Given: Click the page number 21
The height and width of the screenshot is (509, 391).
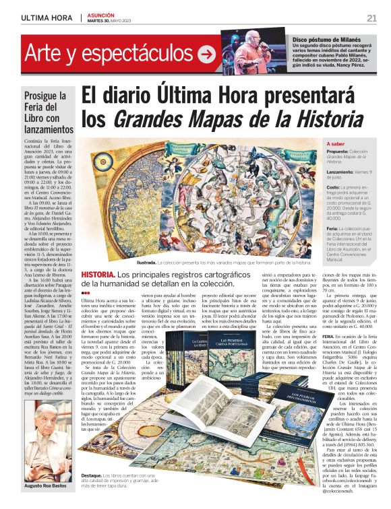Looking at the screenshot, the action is point(371,18).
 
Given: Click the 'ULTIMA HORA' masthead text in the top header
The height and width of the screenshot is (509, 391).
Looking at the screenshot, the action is point(46,18).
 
